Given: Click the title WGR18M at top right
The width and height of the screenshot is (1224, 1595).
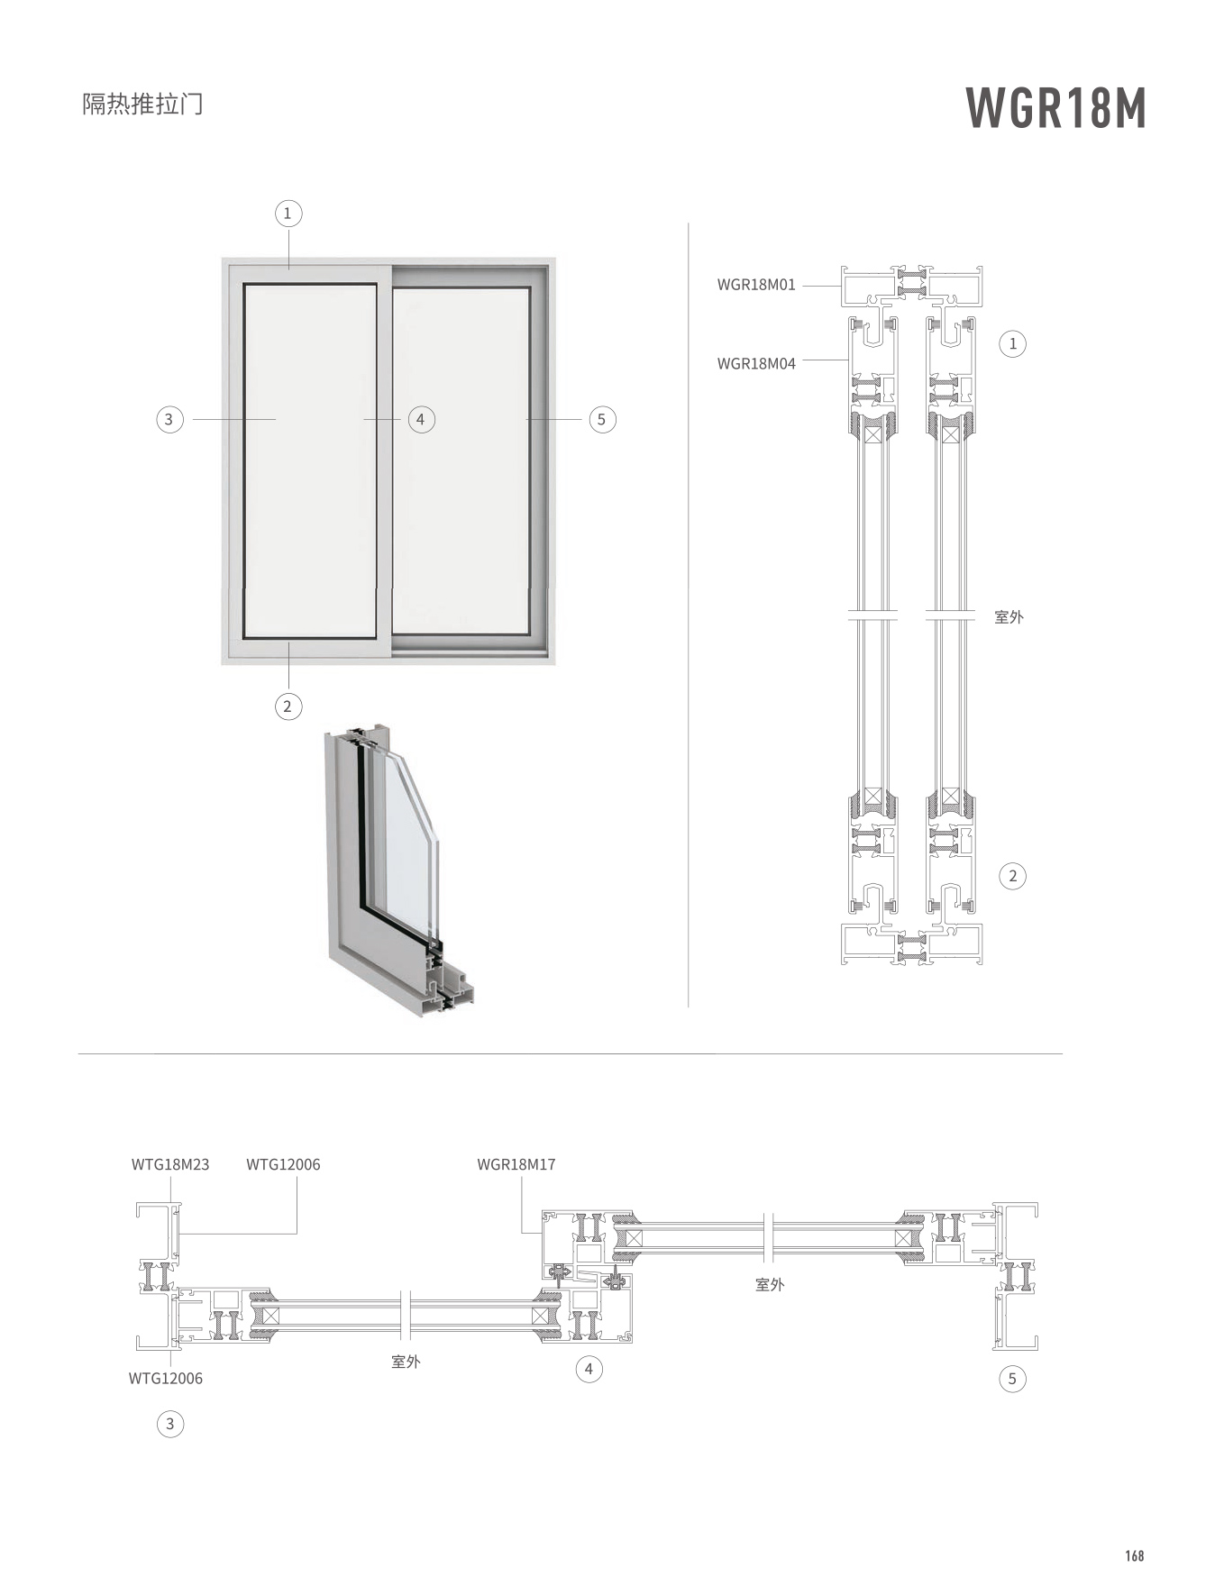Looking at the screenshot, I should [x=1055, y=109].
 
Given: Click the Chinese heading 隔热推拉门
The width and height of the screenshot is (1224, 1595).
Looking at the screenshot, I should [x=142, y=105].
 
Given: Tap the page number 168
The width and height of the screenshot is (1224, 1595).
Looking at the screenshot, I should [x=1134, y=1555].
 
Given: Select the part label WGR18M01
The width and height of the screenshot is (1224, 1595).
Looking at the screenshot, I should [x=756, y=285].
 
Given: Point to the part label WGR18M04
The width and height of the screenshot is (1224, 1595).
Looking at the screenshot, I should [x=756, y=364].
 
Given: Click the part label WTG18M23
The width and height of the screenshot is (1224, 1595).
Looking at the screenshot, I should [x=170, y=1164].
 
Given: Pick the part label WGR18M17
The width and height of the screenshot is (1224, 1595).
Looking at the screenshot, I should [x=516, y=1164].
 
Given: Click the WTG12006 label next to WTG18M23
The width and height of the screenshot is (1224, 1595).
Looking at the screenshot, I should [x=283, y=1164].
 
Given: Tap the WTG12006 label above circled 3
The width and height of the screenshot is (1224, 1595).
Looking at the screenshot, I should [x=166, y=1378].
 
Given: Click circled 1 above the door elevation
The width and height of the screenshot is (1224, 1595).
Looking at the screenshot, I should [x=288, y=214].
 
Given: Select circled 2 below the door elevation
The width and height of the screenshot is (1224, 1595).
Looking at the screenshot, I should [x=288, y=706].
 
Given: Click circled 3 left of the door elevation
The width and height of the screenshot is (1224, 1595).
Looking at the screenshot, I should [x=169, y=419].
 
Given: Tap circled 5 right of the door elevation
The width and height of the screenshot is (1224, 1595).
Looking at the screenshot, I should [x=602, y=419].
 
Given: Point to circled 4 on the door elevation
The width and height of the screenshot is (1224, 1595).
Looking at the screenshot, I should [x=421, y=419].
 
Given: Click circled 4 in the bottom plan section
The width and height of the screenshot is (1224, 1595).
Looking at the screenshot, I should [x=589, y=1370].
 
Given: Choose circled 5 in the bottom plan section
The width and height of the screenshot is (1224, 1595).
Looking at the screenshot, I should [x=1012, y=1378].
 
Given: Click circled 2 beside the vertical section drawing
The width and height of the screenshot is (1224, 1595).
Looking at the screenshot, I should [x=1012, y=876].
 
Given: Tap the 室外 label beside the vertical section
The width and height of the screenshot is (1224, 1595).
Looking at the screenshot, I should [x=1009, y=617].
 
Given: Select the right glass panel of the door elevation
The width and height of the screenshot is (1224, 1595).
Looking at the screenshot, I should [x=461, y=460].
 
